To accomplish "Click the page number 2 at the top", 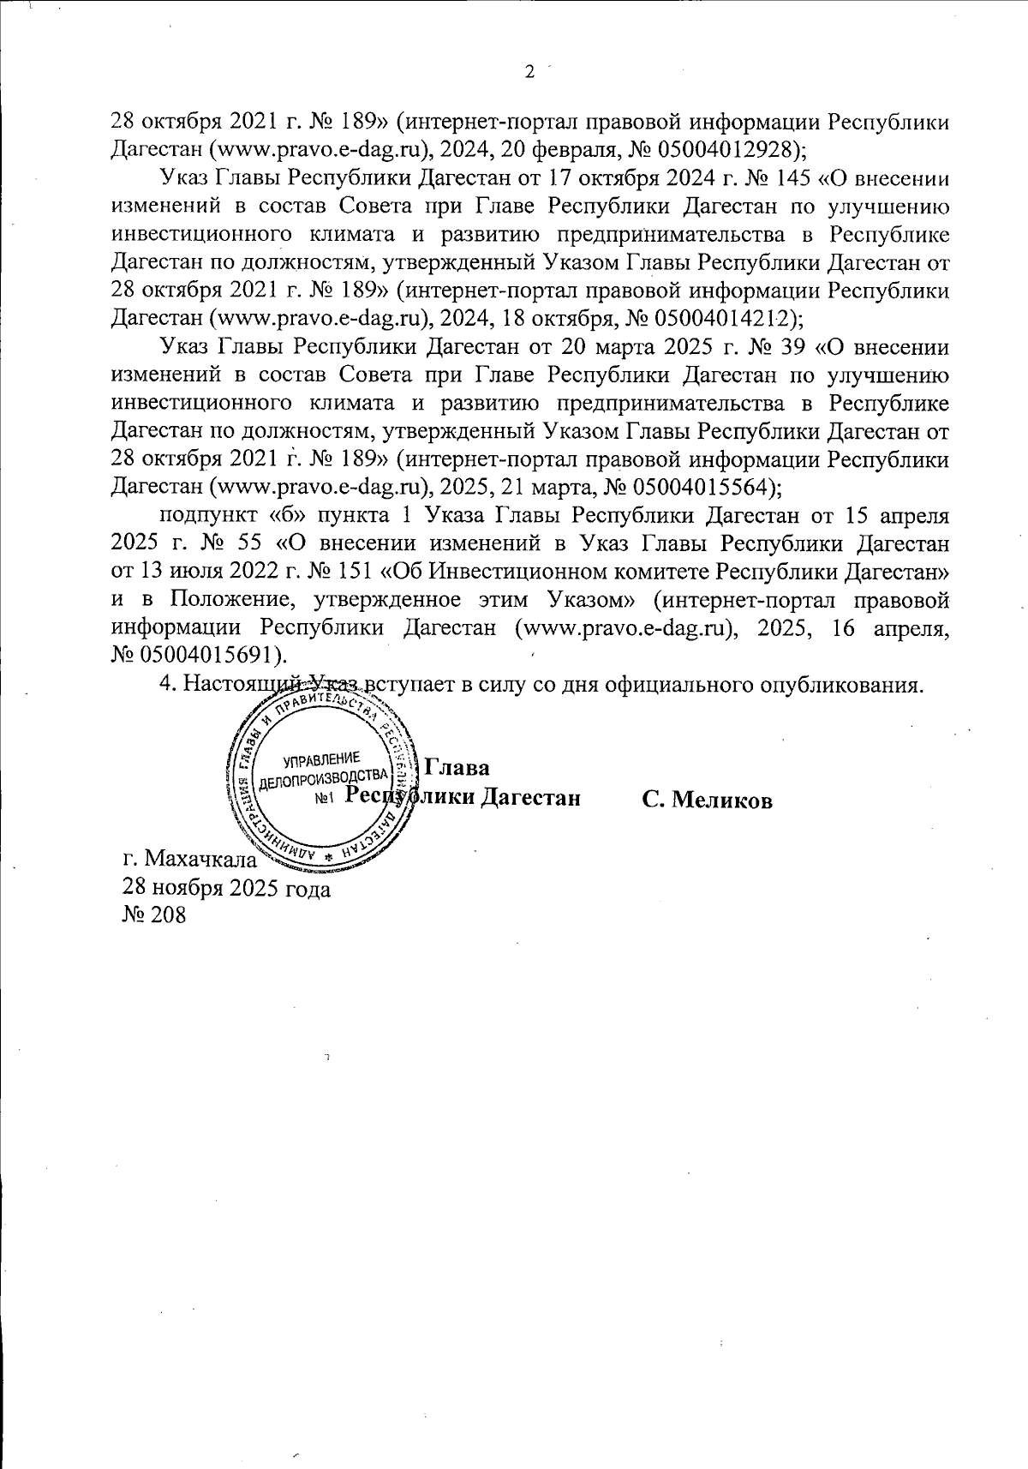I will [x=529, y=71].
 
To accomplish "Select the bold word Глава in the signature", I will [x=457, y=767].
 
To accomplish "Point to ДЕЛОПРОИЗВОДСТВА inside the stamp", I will [x=324, y=776].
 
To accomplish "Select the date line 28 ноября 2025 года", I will [x=227, y=887].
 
